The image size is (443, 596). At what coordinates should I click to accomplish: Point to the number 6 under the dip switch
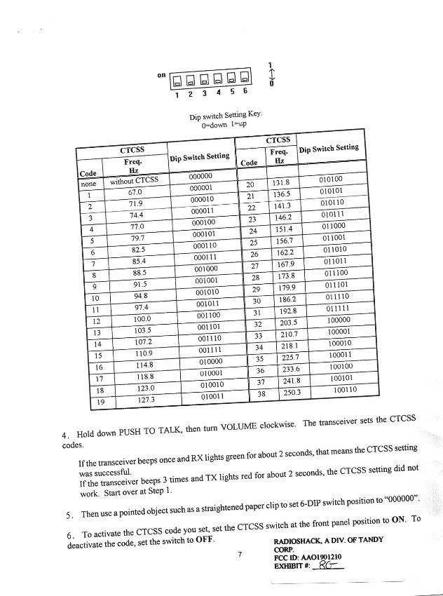click(x=245, y=91)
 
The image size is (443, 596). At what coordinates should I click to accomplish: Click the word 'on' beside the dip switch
click(x=161, y=74)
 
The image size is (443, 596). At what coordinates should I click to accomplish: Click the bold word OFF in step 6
click(x=205, y=541)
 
